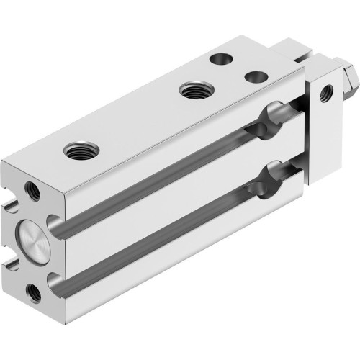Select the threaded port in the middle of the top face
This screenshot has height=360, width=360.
(x=192, y=90)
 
